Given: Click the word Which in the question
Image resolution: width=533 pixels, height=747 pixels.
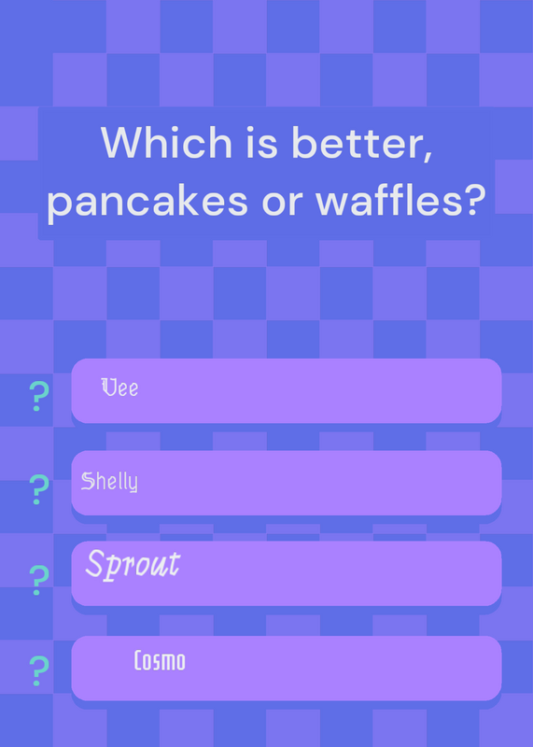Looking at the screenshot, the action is click(x=166, y=143).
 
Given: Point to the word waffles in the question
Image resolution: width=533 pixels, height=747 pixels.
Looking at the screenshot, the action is click(x=385, y=198).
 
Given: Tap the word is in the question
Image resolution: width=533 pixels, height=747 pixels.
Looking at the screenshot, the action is click(x=261, y=144).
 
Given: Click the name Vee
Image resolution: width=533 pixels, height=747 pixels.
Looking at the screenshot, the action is click(x=119, y=388).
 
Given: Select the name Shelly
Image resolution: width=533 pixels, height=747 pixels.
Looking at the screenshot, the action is click(x=109, y=482).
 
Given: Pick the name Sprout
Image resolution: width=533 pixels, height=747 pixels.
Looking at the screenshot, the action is click(x=133, y=566).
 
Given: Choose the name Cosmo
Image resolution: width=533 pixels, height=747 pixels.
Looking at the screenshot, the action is click(x=160, y=661).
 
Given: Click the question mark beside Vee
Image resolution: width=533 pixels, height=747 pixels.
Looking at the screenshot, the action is click(x=39, y=396).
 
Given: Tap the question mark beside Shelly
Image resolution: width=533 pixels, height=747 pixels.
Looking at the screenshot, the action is click(x=39, y=489).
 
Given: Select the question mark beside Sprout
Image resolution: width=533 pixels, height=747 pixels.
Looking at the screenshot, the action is click(x=39, y=580).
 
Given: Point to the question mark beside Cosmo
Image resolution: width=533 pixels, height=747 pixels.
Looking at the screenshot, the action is click(x=39, y=670).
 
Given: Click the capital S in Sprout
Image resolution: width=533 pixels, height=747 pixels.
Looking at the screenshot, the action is click(x=94, y=564).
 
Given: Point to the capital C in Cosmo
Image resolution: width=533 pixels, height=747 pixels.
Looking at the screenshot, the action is click(x=138, y=661).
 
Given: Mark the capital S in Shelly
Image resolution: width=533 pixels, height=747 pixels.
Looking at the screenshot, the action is click(x=87, y=481).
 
